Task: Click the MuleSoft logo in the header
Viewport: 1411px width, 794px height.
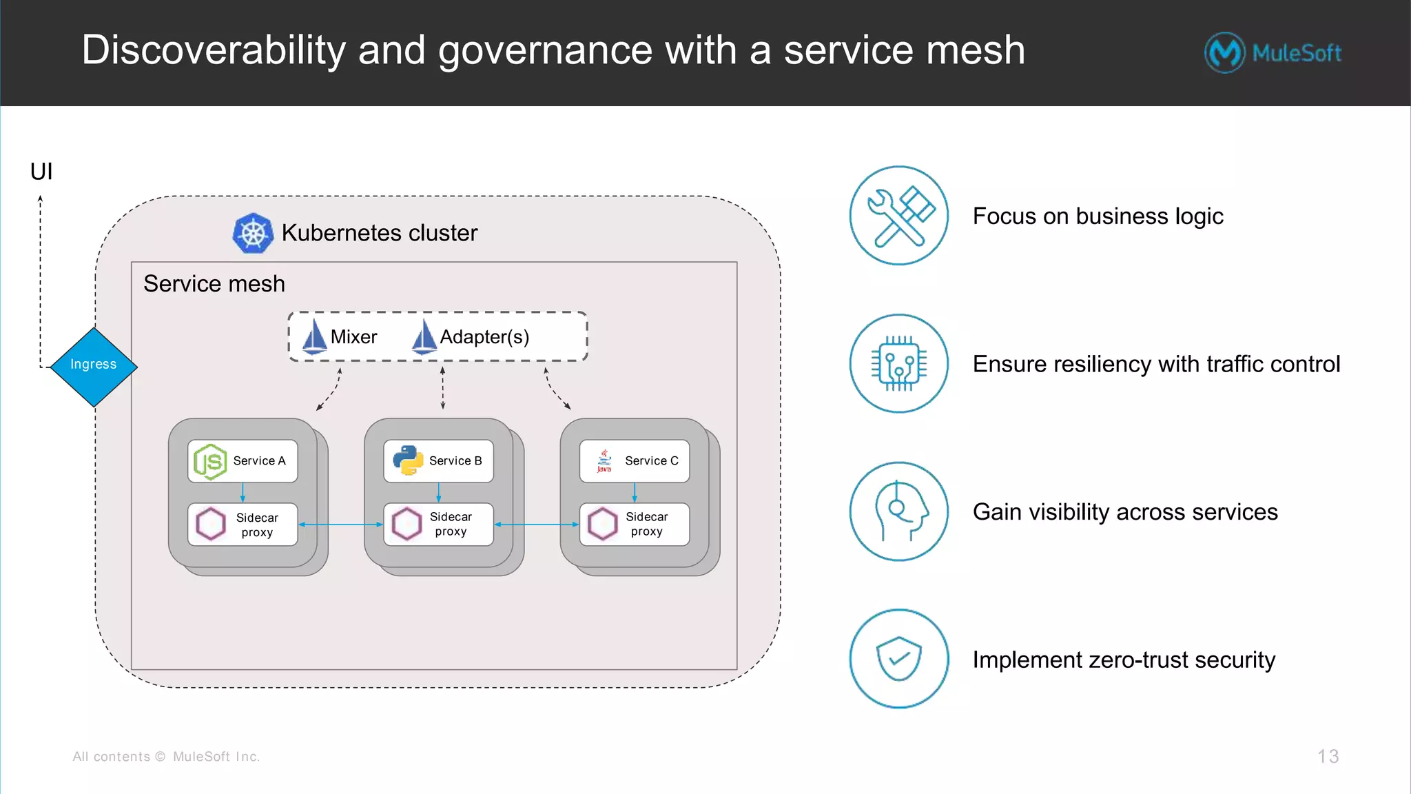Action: pyautogui.click(x=1273, y=52)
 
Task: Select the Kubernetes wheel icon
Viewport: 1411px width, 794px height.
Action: pyautogui.click(x=253, y=233)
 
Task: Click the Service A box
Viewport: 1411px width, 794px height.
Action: pyautogui.click(x=243, y=461)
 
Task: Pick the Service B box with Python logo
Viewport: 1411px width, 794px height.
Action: pyautogui.click(x=438, y=461)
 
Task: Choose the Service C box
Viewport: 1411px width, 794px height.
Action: pyautogui.click(x=635, y=461)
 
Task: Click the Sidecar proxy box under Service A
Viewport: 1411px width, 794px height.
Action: pyautogui.click(x=243, y=525)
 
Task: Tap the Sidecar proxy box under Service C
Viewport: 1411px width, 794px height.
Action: pyautogui.click(x=635, y=525)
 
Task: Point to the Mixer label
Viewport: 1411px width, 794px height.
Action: pyautogui.click(x=353, y=337)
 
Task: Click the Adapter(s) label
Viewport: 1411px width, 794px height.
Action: pyautogui.click(x=484, y=337)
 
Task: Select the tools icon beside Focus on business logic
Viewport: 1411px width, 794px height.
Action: pyautogui.click(x=898, y=216)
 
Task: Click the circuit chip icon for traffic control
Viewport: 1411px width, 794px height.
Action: pyautogui.click(x=898, y=363)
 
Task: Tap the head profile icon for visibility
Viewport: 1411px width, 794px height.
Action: pyautogui.click(x=898, y=511)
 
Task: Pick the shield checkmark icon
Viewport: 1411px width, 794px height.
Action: pyautogui.click(x=898, y=659)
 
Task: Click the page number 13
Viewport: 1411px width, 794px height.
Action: pyautogui.click(x=1328, y=756)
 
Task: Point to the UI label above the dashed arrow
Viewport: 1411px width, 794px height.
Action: pyautogui.click(x=41, y=172)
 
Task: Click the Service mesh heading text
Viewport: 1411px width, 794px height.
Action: pyautogui.click(x=214, y=284)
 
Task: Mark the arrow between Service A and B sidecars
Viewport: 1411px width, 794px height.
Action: pyautogui.click(x=340, y=525)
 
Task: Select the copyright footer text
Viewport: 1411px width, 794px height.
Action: pyautogui.click(x=166, y=757)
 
